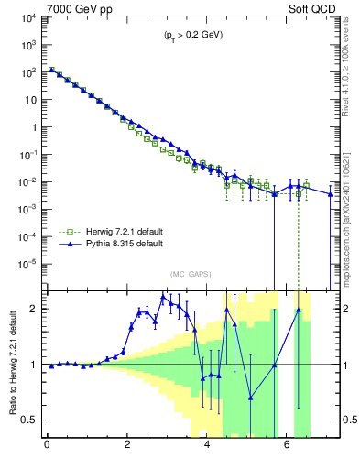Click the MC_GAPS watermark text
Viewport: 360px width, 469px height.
[189, 274]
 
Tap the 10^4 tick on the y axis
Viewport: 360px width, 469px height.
[29, 17]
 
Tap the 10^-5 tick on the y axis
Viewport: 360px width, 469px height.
[29, 264]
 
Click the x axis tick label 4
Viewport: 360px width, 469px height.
[207, 448]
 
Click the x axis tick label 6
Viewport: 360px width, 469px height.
[288, 448]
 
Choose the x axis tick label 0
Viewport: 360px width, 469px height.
[47, 448]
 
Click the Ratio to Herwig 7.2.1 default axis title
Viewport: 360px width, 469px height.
[11, 365]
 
